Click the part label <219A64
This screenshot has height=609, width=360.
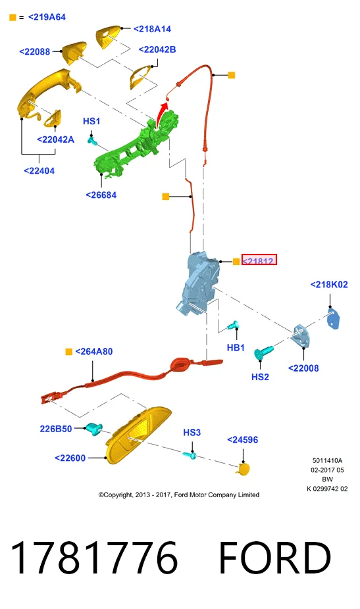pyautogui.click(x=47, y=17)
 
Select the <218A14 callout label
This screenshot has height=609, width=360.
pyautogui.click(x=152, y=29)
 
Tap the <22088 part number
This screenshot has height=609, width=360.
pyautogui.click(x=35, y=52)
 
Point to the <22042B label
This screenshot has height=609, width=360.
pyautogui.click(x=157, y=50)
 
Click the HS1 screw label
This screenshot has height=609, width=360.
pyautogui.click(x=91, y=121)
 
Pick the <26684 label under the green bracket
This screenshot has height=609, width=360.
pyautogui.click(x=101, y=195)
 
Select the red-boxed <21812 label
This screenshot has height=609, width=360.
pyautogui.click(x=259, y=260)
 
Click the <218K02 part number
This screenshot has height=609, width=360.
pyautogui.click(x=329, y=285)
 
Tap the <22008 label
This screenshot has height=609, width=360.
pyautogui.click(x=303, y=368)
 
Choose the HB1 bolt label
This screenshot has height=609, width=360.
pyautogui.click(x=236, y=348)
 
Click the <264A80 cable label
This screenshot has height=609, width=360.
pyautogui.click(x=93, y=351)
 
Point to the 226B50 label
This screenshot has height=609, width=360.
pyautogui.click(x=55, y=429)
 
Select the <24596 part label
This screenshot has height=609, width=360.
pyautogui.click(x=243, y=440)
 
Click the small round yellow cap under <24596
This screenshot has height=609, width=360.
pyautogui.click(x=244, y=469)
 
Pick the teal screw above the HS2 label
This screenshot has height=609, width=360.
pyautogui.click(x=264, y=353)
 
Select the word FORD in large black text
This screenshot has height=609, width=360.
pyautogui.click(x=275, y=558)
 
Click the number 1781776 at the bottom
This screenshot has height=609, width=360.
pyautogui.click(x=94, y=558)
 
